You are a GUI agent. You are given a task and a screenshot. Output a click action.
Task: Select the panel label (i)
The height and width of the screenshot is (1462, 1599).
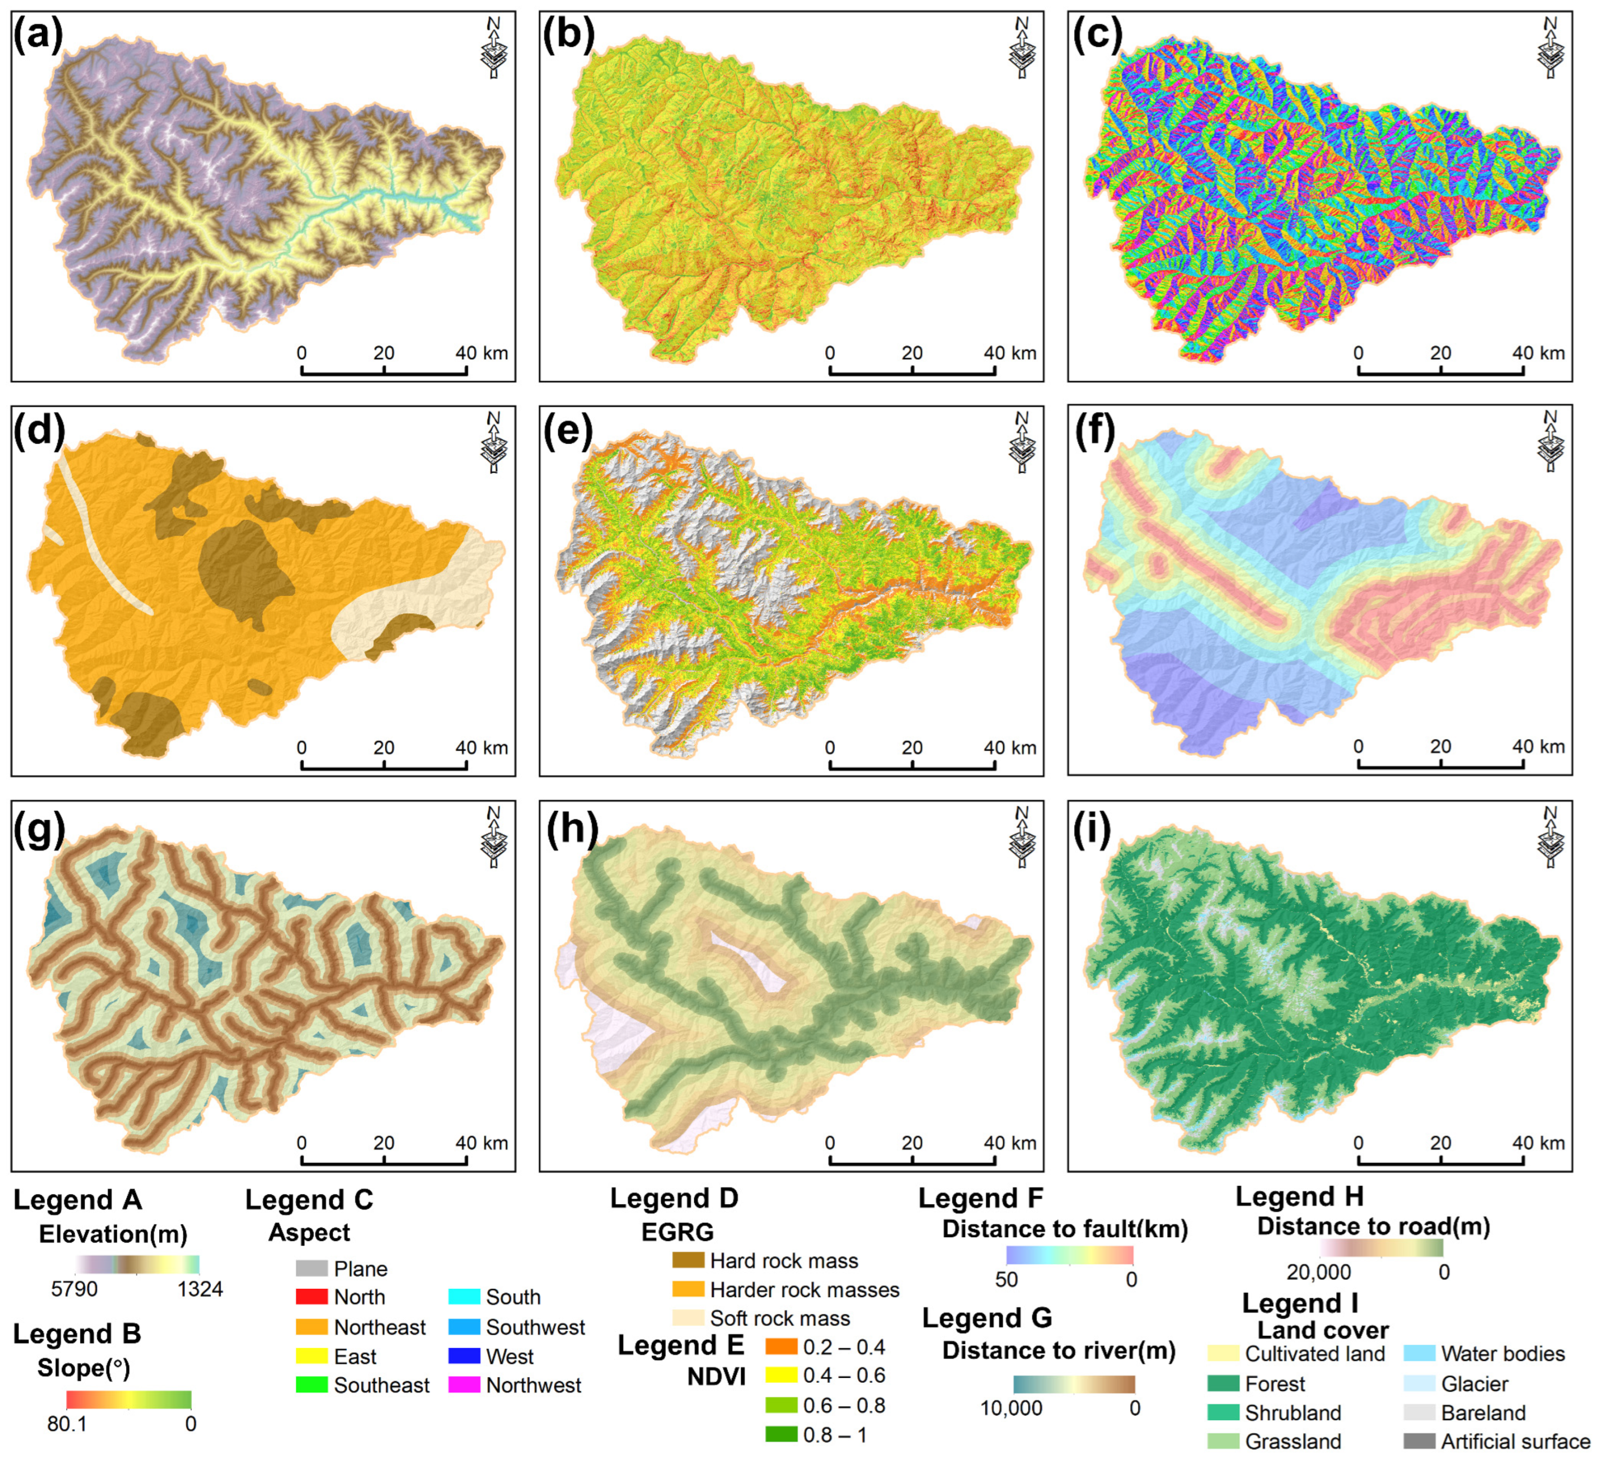[x=1093, y=827]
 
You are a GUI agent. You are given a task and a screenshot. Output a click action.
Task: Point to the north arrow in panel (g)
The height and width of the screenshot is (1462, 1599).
[x=494, y=837]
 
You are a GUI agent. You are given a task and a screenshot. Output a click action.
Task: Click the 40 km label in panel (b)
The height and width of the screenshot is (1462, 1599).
[x=1009, y=354]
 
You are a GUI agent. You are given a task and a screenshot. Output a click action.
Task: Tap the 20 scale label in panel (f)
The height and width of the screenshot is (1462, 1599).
[x=1440, y=747]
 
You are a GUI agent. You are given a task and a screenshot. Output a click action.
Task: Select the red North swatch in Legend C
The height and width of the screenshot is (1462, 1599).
[x=311, y=1298]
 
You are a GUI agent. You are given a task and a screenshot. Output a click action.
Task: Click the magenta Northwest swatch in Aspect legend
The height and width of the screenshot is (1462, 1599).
[x=464, y=1385]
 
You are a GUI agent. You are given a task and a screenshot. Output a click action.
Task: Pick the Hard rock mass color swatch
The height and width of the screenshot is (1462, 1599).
[x=688, y=1261]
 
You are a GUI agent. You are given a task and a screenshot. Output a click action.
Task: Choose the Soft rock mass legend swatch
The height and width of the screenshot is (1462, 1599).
[x=688, y=1318]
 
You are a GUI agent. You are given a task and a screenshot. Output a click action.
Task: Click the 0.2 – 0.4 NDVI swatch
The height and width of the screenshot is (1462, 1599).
[x=782, y=1347]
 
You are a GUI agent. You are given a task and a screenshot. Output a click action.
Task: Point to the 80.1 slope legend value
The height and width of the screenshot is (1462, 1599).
[x=67, y=1423]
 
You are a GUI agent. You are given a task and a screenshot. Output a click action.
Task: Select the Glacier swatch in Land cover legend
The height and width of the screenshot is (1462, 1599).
[x=1419, y=1383]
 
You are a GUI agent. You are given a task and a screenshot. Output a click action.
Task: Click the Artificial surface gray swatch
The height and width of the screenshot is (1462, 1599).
[x=1419, y=1441]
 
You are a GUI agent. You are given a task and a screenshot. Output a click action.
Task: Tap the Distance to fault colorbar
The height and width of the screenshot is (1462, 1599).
[x=1069, y=1255]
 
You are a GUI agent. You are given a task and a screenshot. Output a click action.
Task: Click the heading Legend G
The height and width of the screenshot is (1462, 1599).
[x=987, y=1318]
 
